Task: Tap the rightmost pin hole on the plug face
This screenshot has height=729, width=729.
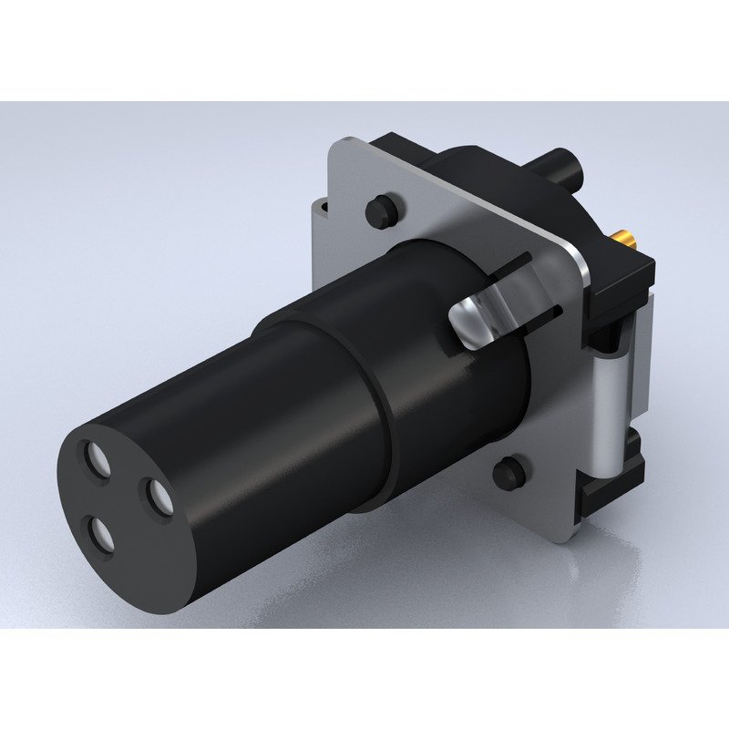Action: pos(158,496)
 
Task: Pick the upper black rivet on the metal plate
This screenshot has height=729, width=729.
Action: pos(378,210)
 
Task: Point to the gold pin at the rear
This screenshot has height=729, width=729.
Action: pos(627,241)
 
